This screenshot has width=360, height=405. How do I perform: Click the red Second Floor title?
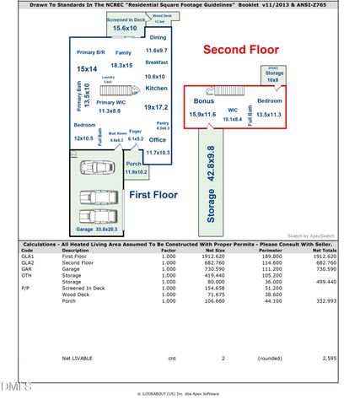pyautogui.click(x=241, y=50)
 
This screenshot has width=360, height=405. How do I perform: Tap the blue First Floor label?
pyautogui.click(x=153, y=194)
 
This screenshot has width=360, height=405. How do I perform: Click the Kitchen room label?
pyautogui.click(x=157, y=88)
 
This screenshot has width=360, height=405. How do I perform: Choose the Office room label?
pyautogui.click(x=157, y=140)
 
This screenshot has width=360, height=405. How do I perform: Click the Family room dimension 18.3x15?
pyautogui.click(x=121, y=65)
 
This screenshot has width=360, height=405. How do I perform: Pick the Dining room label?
pyautogui.click(x=158, y=38)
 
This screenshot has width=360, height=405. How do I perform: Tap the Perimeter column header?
pyautogui.click(x=271, y=250)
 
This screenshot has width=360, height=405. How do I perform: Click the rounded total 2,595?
pyautogui.click(x=328, y=358)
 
